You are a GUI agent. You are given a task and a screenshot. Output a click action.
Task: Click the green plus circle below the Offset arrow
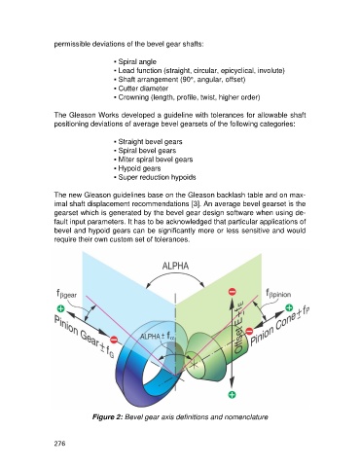pyautogui.click(x=233, y=394)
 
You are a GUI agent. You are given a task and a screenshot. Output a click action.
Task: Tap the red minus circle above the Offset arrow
pyautogui.click(x=233, y=292)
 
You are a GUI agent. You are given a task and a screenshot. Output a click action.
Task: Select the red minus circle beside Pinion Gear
pyautogui.click(x=114, y=340)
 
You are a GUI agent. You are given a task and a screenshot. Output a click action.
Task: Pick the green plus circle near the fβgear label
pyautogui.click(x=60, y=308)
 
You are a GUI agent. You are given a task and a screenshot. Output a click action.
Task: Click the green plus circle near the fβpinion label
pyautogui.click(x=289, y=307)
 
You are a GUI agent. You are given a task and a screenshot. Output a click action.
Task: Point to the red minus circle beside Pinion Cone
pyautogui.click(x=249, y=331)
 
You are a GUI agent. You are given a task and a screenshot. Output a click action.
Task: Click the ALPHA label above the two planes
pyautogui.click(x=175, y=266)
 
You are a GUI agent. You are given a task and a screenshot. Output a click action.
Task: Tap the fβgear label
pyautogui.click(x=66, y=294)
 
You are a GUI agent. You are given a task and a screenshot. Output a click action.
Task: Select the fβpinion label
pyautogui.click(x=278, y=294)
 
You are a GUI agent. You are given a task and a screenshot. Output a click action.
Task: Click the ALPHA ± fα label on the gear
pyautogui.click(x=158, y=336)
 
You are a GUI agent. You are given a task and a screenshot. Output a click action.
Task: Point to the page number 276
pyautogui.click(x=59, y=443)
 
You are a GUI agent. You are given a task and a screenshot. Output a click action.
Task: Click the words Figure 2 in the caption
pyautogui.click(x=107, y=416)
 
